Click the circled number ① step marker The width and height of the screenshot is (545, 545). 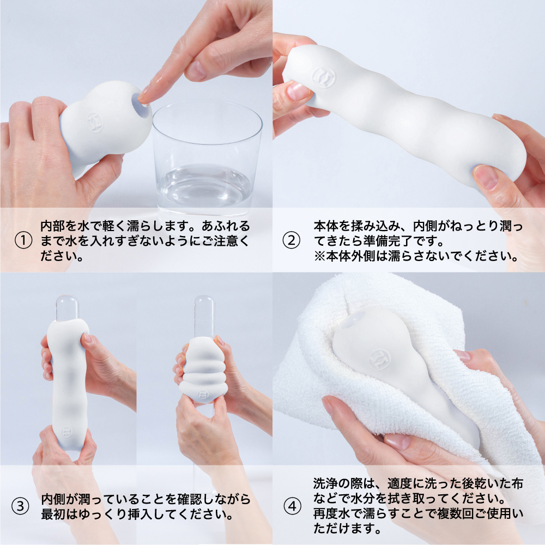pyautogui.click(x=23, y=240)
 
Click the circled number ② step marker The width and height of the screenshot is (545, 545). pyautogui.click(x=292, y=240)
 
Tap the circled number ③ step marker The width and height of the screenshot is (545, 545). pyautogui.click(x=21, y=506)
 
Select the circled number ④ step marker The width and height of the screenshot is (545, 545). pyautogui.click(x=293, y=506)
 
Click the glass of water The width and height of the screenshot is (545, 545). pyautogui.click(x=206, y=156)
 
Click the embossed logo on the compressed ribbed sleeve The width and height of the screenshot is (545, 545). pyautogui.click(x=203, y=394)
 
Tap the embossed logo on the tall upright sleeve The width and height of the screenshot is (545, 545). pyautogui.click(x=67, y=432)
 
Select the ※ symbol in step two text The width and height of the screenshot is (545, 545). pyautogui.click(x=319, y=256)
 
